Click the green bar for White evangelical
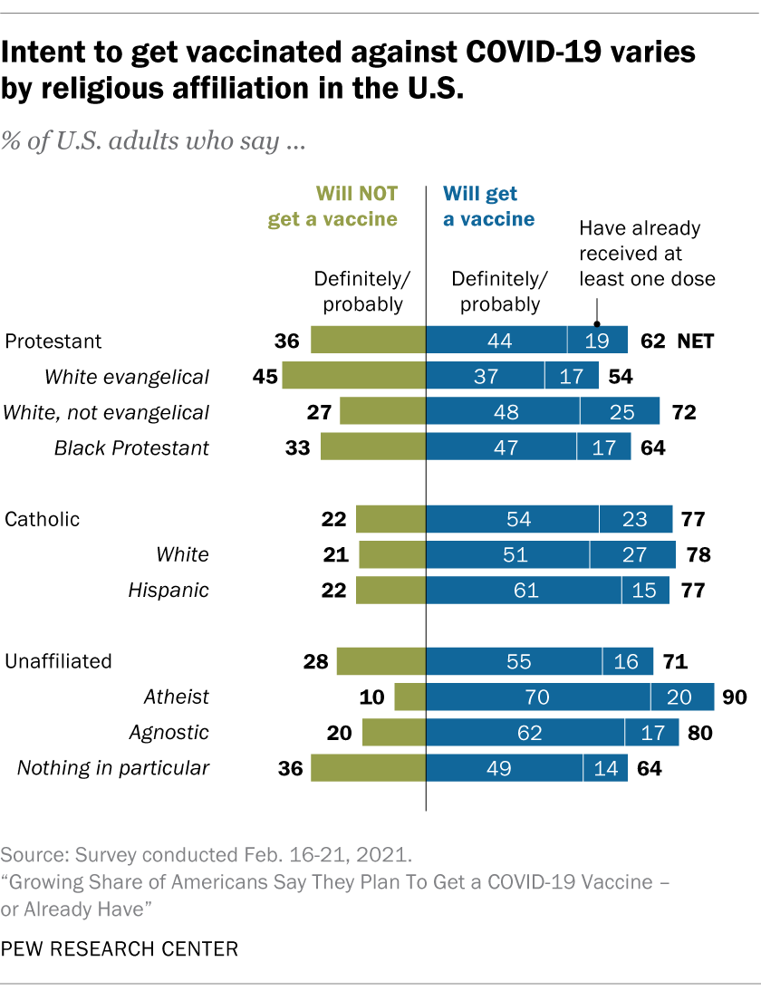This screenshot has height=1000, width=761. point(354,376)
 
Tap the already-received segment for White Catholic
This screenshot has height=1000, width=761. point(632,554)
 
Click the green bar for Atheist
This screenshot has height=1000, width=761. point(410,697)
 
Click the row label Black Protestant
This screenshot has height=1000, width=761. point(131,447)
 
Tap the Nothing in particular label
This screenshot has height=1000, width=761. point(113,768)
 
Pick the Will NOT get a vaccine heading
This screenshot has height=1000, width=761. point(332,207)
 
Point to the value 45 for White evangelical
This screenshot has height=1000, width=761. point(265,376)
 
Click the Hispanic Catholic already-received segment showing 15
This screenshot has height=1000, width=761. point(645,591)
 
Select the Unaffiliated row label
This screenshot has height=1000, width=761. point(59,661)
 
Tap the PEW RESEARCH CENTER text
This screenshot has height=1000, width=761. point(120,949)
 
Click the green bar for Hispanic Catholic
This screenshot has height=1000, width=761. point(390,591)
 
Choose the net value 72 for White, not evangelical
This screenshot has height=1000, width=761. point(683,412)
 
